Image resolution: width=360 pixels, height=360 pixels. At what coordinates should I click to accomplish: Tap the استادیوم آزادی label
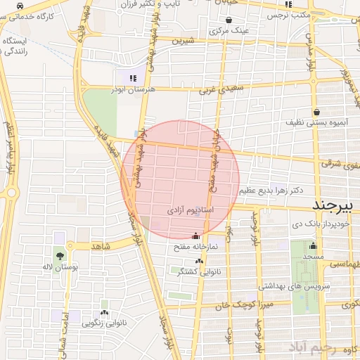click(x=191, y=210)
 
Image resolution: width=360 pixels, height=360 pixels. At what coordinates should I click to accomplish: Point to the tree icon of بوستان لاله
click(x=59, y=256)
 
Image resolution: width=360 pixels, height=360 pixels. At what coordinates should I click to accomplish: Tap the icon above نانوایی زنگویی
click(x=105, y=312)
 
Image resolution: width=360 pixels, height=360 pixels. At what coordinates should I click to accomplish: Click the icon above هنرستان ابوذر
click(x=134, y=78)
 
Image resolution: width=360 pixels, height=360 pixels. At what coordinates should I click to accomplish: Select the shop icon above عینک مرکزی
click(x=231, y=20)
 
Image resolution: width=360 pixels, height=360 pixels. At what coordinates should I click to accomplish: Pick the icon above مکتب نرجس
click(x=288, y=4)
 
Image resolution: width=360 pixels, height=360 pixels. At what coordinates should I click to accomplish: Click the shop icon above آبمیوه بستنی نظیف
click(x=317, y=111)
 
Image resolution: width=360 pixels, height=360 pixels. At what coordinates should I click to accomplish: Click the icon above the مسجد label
click(x=313, y=246)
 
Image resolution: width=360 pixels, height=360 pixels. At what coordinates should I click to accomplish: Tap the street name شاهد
click(x=102, y=246)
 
